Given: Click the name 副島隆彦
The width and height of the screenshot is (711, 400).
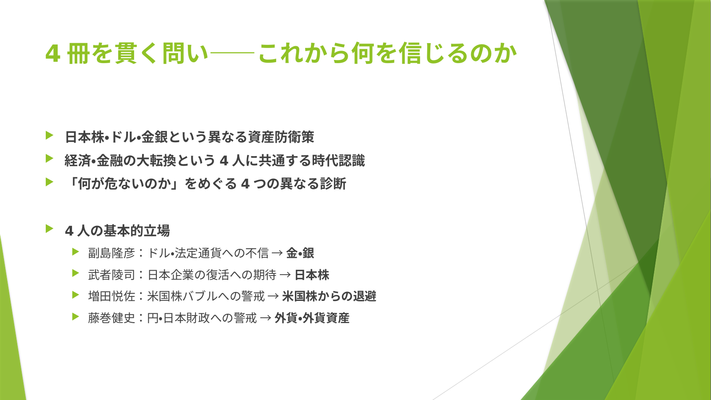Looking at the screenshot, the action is coord(112,253).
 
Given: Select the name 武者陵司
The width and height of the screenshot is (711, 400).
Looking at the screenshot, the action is coord(112,275).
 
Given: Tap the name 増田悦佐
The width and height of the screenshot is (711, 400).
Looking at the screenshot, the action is coord(112,296).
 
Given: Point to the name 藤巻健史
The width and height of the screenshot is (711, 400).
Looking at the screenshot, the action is coord(112,318).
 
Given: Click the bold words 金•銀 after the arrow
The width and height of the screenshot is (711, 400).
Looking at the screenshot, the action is coord(300,253).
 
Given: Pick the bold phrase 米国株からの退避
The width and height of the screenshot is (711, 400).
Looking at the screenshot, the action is coord(329,296).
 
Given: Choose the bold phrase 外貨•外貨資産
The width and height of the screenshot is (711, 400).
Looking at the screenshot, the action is coord(312,318).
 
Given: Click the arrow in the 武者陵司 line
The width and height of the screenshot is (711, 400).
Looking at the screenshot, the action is coord(285,275).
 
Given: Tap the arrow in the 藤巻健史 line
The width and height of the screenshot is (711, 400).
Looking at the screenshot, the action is coord(266,318).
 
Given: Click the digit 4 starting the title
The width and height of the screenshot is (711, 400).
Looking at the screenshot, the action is coord(53,53).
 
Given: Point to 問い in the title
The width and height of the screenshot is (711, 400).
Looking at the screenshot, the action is coord(185,53).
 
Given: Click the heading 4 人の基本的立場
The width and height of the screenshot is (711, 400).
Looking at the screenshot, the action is coord(117,231).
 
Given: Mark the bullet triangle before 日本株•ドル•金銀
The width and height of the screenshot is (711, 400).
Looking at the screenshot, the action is coord(49,135).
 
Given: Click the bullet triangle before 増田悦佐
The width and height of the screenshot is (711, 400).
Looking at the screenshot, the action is coord(75,295).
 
